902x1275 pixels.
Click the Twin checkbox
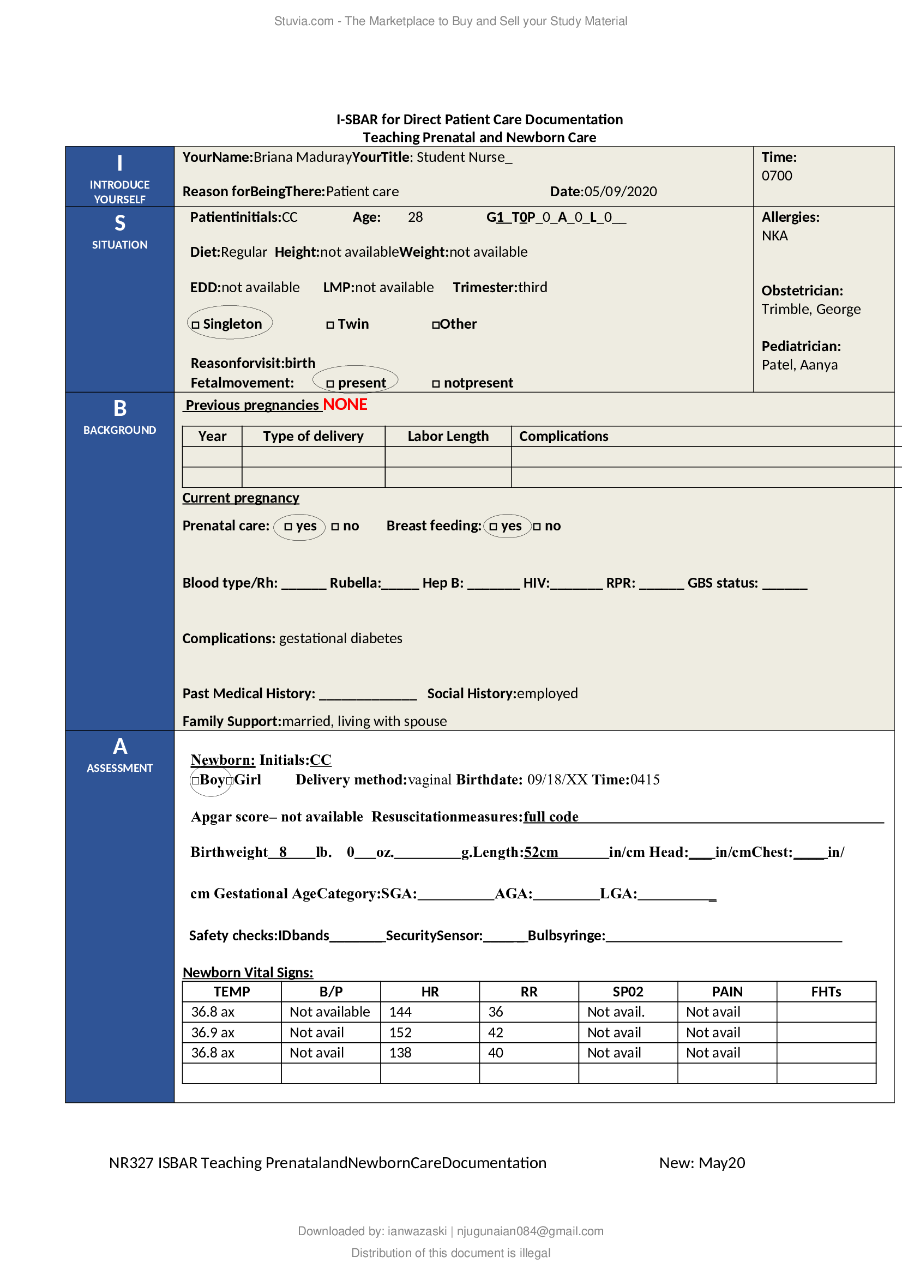point(330,325)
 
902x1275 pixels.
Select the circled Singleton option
point(230,324)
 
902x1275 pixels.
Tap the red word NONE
point(345,404)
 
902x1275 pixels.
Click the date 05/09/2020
point(620,191)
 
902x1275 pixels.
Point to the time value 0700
point(777,176)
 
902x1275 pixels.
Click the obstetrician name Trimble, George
point(810,309)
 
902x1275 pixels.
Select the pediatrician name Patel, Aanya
point(799,365)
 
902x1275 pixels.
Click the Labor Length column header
point(448,437)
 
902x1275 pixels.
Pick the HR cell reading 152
point(400,1032)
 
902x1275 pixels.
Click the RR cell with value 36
point(495,1012)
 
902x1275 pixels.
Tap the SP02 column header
point(628,992)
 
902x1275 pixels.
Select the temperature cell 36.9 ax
point(213,1032)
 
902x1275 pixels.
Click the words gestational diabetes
point(340,639)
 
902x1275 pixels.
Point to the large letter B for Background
point(120,409)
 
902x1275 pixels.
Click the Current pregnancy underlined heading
point(240,498)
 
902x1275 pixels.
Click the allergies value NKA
point(774,236)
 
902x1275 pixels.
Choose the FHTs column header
point(825,992)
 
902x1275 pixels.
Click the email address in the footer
point(530,1231)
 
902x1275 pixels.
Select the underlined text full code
point(550,817)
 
